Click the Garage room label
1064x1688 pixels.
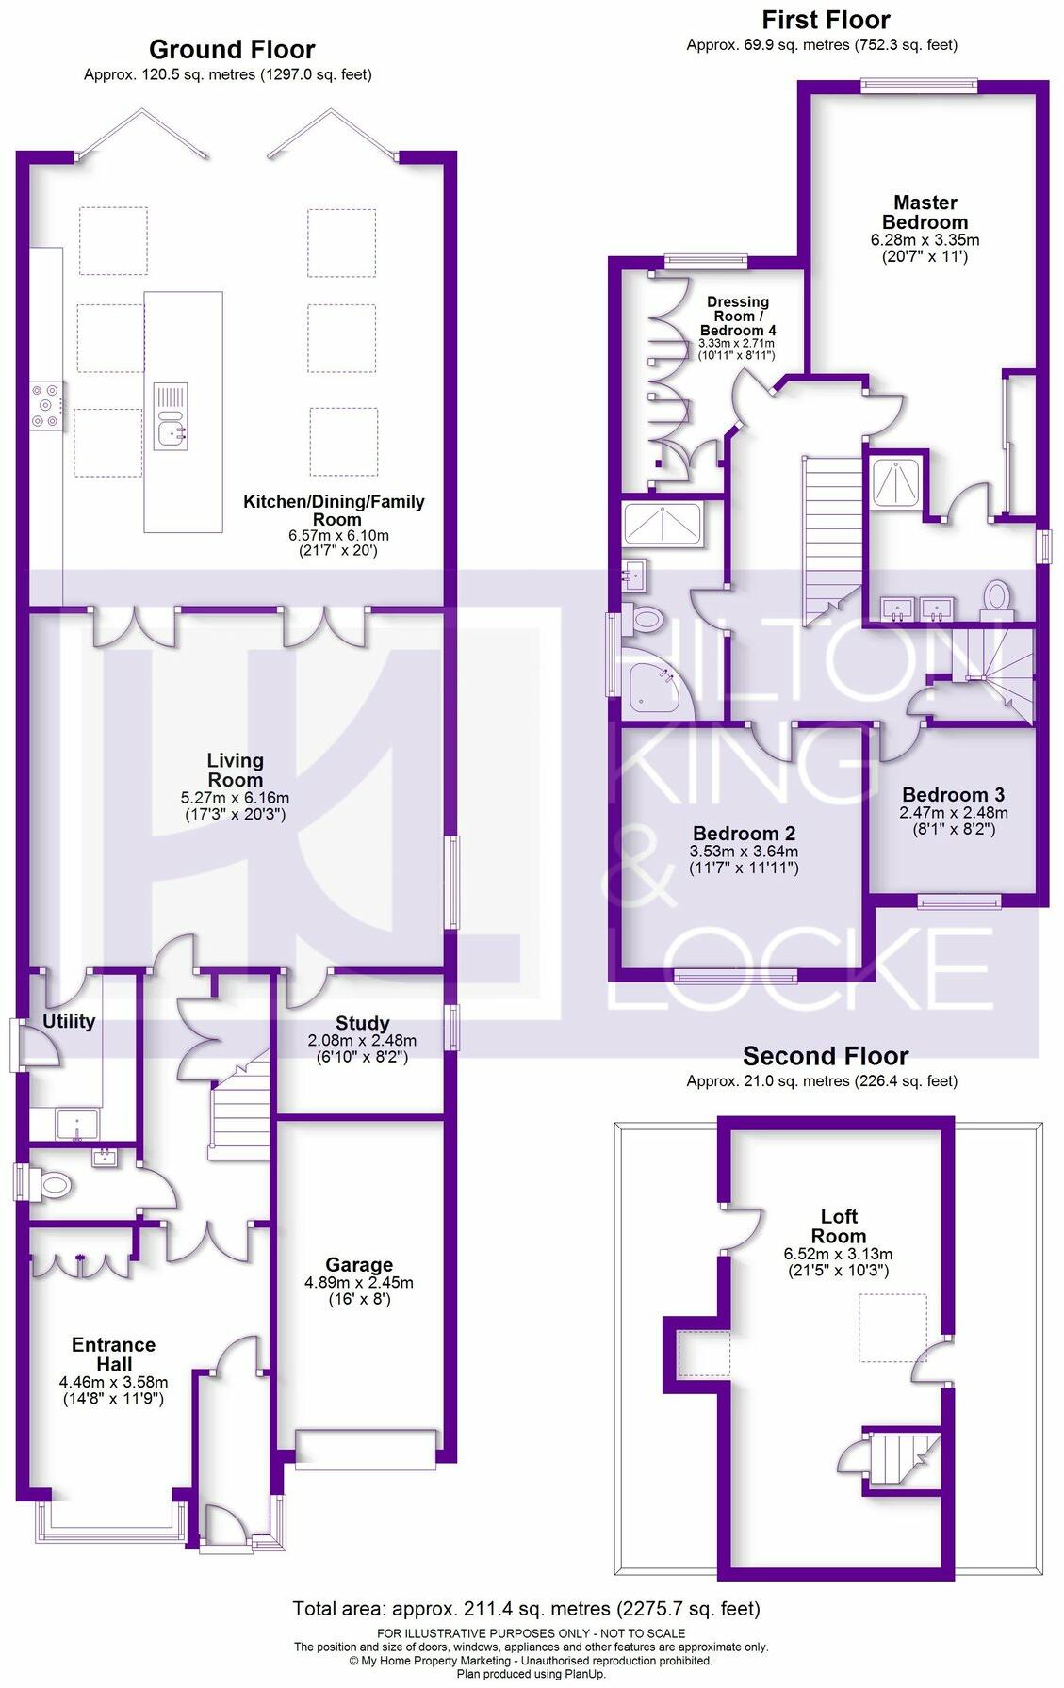pos(359,1265)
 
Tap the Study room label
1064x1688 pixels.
pos(362,1023)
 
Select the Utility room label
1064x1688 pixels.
pos(69,1021)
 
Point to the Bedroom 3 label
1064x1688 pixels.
pos(953,794)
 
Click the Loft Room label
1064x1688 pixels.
pos(838,1226)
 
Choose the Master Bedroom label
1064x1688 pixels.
pos(925,212)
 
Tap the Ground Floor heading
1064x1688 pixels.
pos(232,49)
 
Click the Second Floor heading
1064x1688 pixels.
pos(826,1056)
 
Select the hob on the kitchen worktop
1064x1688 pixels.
pos(47,406)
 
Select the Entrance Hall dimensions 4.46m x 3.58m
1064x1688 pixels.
pos(114,1383)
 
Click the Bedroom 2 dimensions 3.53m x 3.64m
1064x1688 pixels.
pos(745,852)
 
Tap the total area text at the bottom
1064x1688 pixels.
pos(526,1608)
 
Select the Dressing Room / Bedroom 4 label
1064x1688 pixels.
pos(738,316)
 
